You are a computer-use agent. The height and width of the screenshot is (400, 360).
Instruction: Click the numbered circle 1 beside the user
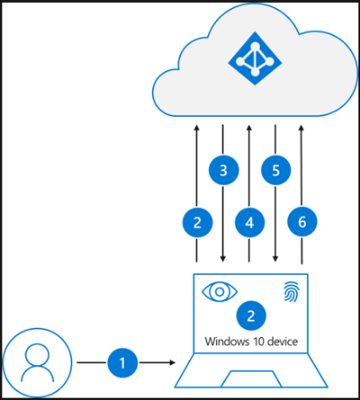coord(122,363)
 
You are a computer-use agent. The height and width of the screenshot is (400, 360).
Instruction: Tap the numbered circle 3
coord(223,168)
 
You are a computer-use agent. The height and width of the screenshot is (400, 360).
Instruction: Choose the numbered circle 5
coord(274,168)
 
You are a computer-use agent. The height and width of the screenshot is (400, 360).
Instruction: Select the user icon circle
coord(33,364)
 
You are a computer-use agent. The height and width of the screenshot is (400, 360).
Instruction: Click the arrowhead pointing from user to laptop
coord(171,363)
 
